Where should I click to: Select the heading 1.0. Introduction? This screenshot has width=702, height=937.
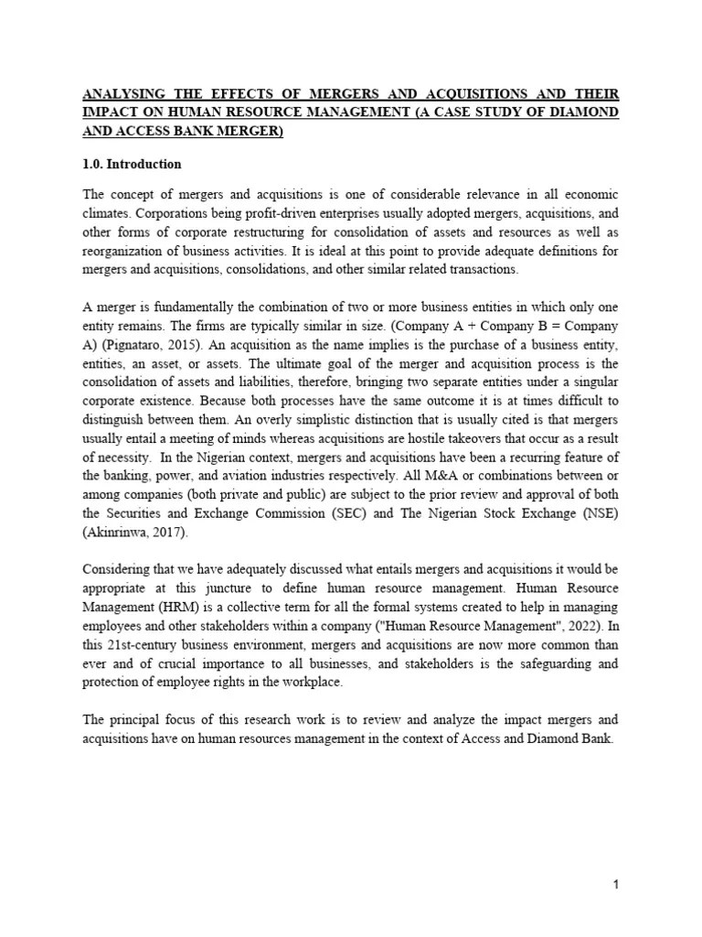pos(133,165)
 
